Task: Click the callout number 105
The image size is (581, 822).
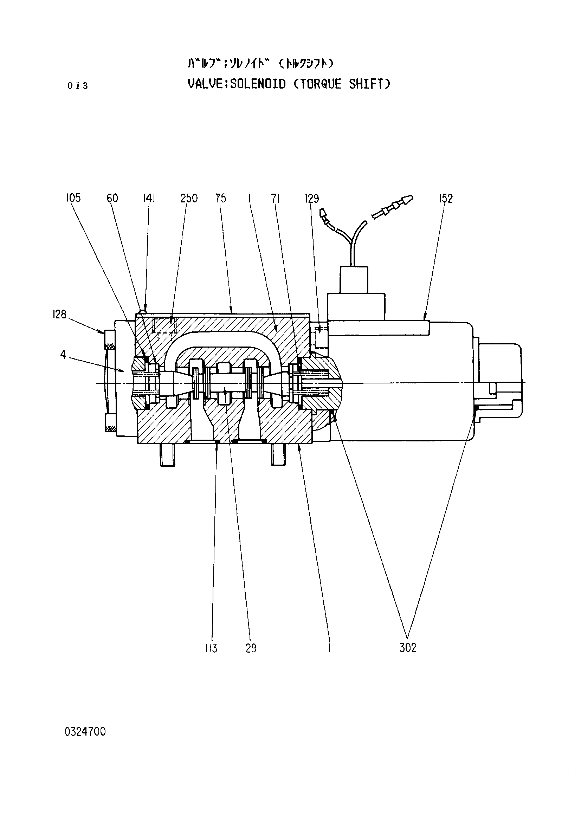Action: (73, 198)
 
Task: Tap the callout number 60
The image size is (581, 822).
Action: (112, 198)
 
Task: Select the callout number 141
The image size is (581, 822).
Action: (149, 198)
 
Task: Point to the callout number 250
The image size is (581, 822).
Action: (189, 198)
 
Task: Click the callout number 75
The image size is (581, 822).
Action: (221, 198)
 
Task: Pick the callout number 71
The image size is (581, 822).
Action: (275, 198)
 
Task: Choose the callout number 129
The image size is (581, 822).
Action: (312, 198)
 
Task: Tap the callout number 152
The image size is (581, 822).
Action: (446, 198)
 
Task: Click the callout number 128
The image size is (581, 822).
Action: (59, 314)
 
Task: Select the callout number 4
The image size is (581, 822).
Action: (63, 355)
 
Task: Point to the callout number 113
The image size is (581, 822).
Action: (211, 648)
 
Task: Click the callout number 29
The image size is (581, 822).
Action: (251, 648)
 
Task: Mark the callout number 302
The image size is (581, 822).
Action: (408, 648)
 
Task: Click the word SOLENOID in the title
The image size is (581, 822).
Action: (258, 84)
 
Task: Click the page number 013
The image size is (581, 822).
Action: (78, 85)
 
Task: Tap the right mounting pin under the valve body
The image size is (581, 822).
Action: (278, 455)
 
